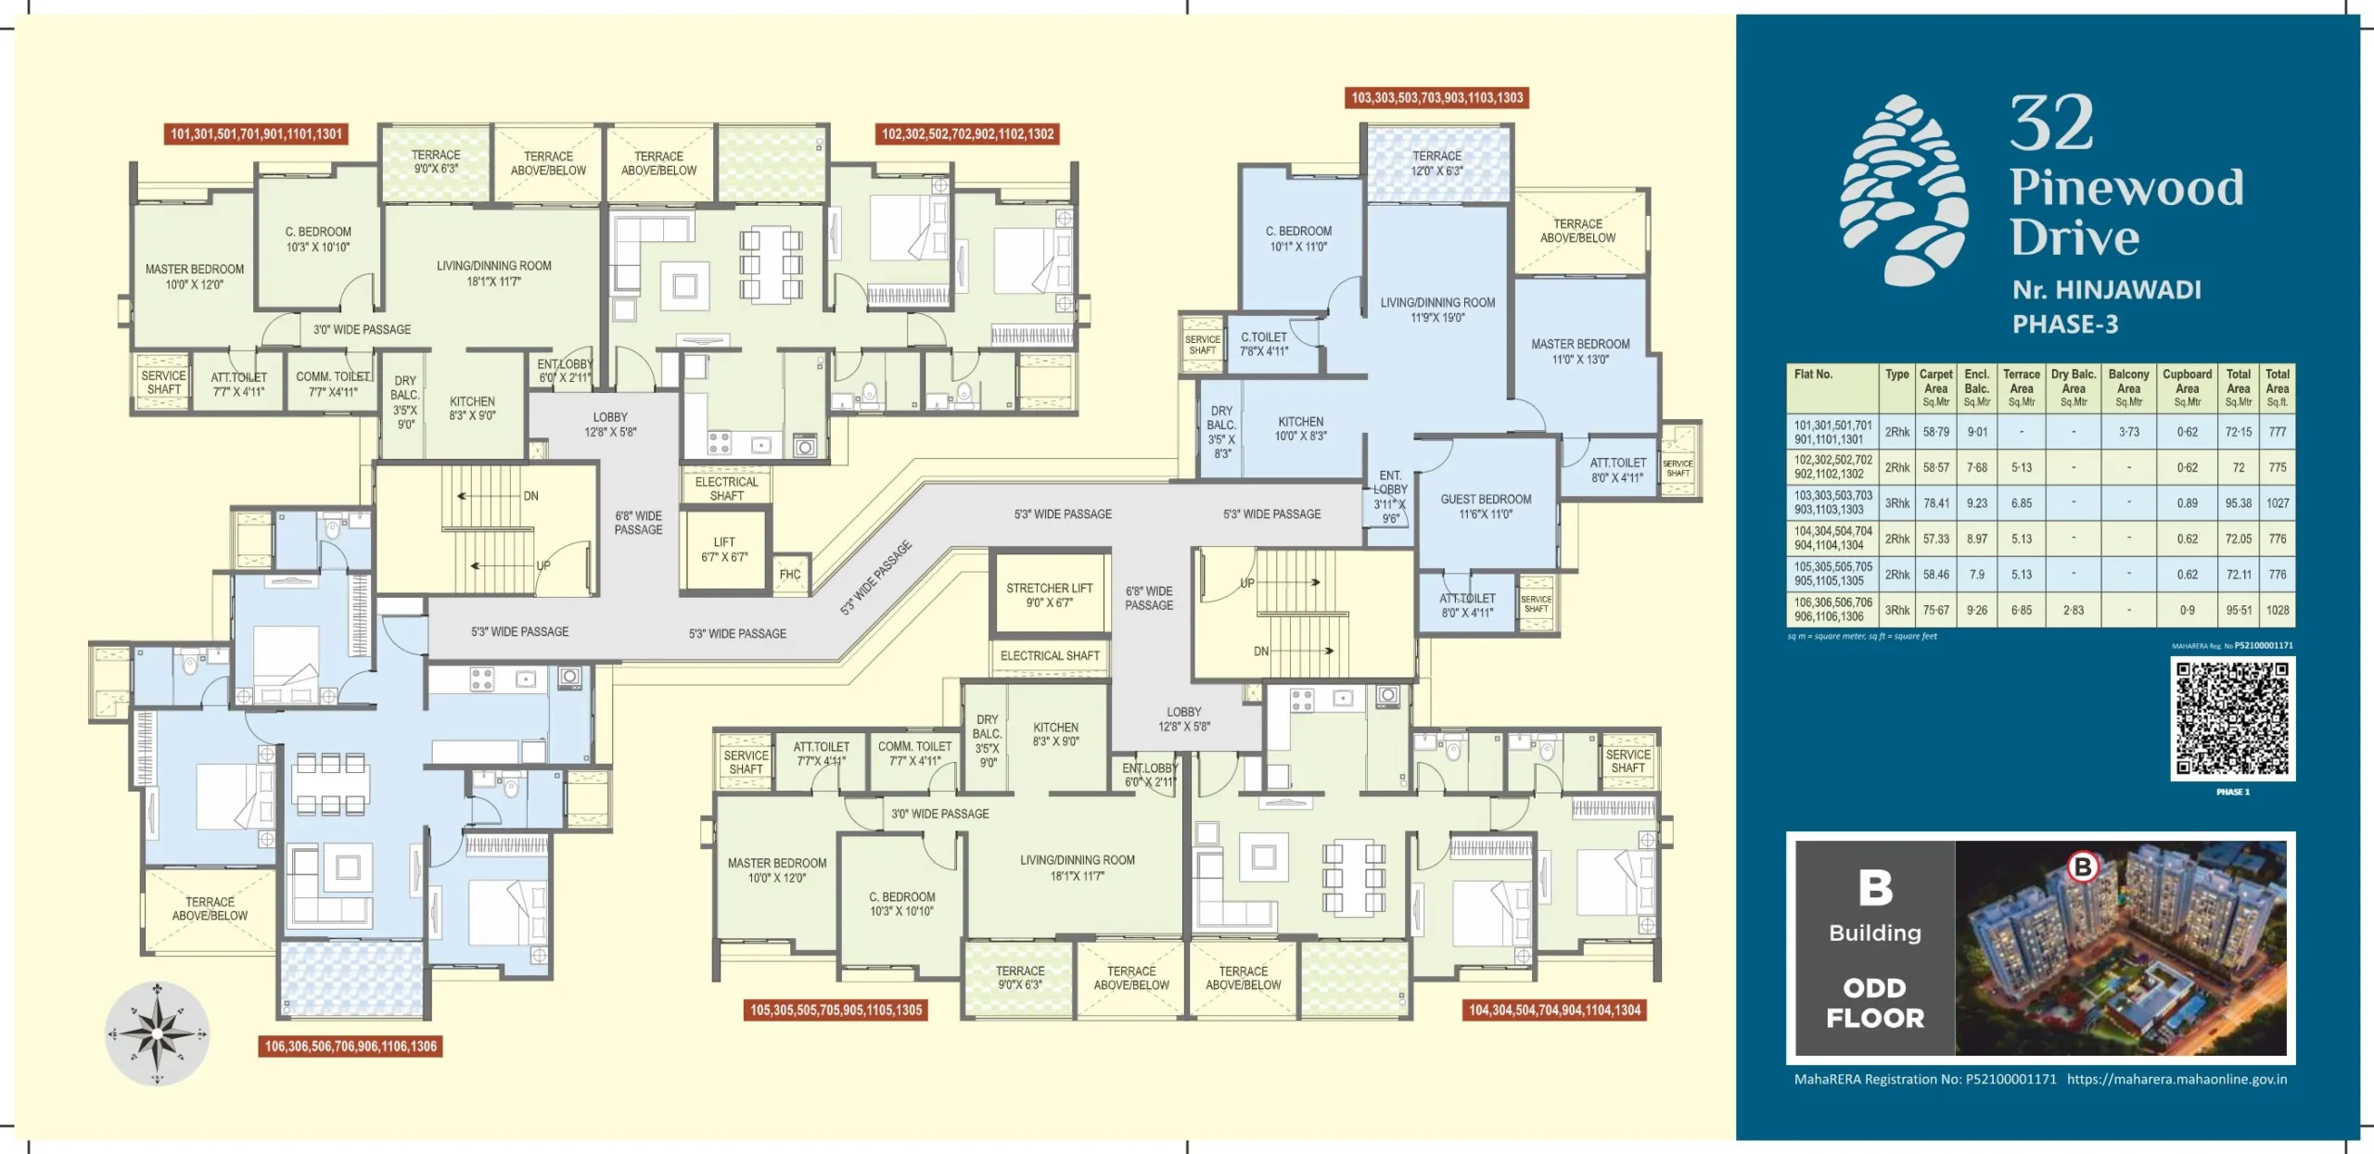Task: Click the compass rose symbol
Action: (157, 1033)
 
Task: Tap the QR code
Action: (2232, 718)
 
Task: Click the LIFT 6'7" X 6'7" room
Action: (724, 550)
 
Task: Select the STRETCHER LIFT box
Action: (1049, 595)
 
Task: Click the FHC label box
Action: (790, 575)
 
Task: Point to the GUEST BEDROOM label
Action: (1486, 506)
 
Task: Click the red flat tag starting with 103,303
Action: (1436, 98)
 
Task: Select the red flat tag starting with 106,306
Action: (351, 1046)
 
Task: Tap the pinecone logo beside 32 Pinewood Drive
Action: (1903, 189)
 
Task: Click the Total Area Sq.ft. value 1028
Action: (2278, 610)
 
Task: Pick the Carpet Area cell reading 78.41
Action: (1936, 503)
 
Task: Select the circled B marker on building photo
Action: (2083, 867)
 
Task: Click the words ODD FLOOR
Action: (1875, 1003)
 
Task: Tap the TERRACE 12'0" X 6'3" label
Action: (1436, 163)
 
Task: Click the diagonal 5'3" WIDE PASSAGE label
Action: (875, 577)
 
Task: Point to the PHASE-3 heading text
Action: (2065, 324)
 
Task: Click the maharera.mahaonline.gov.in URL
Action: (2176, 1079)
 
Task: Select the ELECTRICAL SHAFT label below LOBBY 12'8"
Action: (726, 488)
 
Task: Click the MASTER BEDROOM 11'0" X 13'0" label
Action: (1580, 351)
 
